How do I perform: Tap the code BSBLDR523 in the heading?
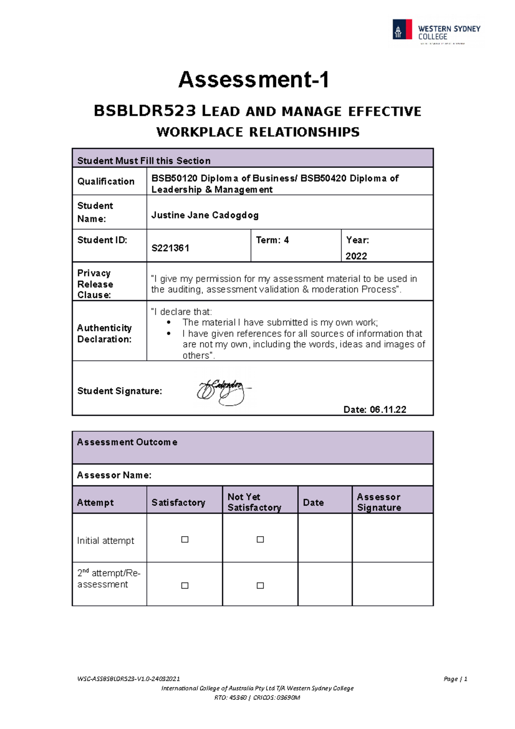[x=145, y=111]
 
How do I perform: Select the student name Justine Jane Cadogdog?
[x=205, y=215]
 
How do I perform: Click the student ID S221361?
[x=170, y=248]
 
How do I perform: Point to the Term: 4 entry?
[x=272, y=240]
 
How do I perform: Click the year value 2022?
[x=356, y=256]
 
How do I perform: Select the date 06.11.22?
[x=388, y=410]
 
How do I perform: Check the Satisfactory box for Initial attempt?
[x=185, y=540]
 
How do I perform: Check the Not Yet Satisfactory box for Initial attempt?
[x=260, y=540]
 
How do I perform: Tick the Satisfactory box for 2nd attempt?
[x=185, y=586]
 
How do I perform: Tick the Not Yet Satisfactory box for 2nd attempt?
[x=260, y=586]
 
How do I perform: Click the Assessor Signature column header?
[x=379, y=502]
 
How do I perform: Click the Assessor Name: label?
[x=114, y=475]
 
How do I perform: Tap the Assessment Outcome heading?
[x=127, y=442]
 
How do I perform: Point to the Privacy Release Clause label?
[x=95, y=284]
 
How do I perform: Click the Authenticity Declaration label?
[x=104, y=334]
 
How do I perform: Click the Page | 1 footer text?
[x=455, y=679]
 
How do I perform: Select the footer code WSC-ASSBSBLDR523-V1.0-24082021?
[x=128, y=679]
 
